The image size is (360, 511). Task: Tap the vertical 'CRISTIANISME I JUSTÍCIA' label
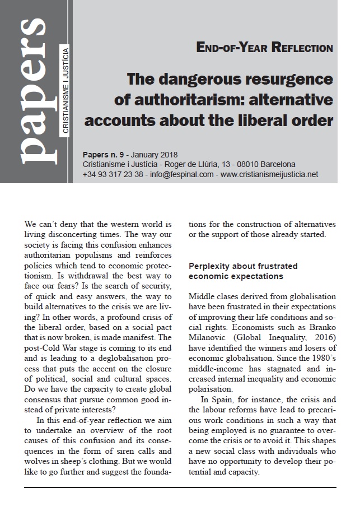click(x=66, y=93)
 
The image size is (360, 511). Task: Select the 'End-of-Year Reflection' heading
click(x=265, y=48)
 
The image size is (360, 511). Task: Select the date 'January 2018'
click(x=156, y=154)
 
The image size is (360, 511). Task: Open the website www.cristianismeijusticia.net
click(x=269, y=174)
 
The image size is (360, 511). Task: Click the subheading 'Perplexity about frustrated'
click(x=243, y=266)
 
